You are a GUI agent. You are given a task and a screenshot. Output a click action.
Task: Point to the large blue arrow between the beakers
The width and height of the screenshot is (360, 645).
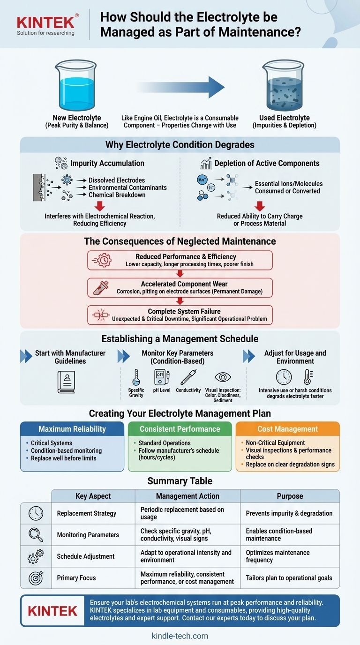tap(180, 87)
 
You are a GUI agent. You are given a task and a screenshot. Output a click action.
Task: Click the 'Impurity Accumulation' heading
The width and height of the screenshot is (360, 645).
tap(107, 163)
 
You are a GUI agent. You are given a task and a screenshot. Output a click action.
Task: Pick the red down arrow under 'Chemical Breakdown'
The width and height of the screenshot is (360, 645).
tap(99, 206)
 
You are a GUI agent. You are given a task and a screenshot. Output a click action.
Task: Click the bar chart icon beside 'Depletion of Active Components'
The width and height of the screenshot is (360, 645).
tap(206, 163)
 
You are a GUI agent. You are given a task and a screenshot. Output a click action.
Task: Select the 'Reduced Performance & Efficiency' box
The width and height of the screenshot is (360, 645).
tap(180, 260)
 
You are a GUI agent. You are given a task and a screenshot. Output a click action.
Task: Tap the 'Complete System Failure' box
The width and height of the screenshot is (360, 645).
tap(180, 315)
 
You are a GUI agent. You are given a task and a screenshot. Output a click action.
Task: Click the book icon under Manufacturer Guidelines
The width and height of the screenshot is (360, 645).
tap(66, 382)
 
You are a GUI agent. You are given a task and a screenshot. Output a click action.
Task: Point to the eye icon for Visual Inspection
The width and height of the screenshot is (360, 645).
tap(223, 377)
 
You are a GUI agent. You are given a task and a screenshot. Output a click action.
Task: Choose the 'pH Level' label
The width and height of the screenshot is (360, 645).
tap(162, 390)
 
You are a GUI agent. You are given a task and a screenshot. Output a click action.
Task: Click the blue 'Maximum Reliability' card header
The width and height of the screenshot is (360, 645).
tap(72, 429)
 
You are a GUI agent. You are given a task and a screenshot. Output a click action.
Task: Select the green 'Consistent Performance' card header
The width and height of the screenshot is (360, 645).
tap(180, 429)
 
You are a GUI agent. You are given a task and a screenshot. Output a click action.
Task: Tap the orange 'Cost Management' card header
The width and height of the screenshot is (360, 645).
tap(288, 429)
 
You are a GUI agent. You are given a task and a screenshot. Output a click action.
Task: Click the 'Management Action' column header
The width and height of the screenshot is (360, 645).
tap(187, 496)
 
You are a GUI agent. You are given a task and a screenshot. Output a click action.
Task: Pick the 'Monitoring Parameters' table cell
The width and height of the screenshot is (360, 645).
tap(88, 535)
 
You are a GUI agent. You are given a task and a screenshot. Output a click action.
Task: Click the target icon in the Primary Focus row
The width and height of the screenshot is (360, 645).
tap(36, 578)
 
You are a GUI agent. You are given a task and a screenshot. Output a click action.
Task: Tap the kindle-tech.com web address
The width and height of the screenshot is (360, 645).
tap(180, 636)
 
